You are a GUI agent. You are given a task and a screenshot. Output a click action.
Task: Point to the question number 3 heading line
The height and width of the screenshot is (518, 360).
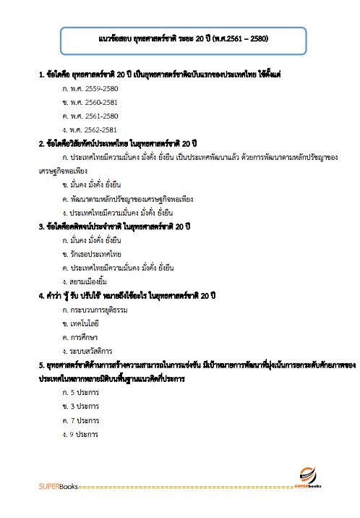[114, 226]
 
